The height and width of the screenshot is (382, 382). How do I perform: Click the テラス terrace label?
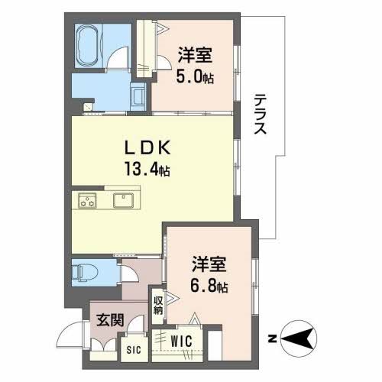click(261, 115)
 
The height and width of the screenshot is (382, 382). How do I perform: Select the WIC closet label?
click(181, 339)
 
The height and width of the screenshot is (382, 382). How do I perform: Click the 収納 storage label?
click(157, 305)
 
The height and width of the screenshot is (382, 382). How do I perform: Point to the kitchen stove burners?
click(88, 202)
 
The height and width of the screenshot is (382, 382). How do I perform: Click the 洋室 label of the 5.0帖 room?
click(196, 56)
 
